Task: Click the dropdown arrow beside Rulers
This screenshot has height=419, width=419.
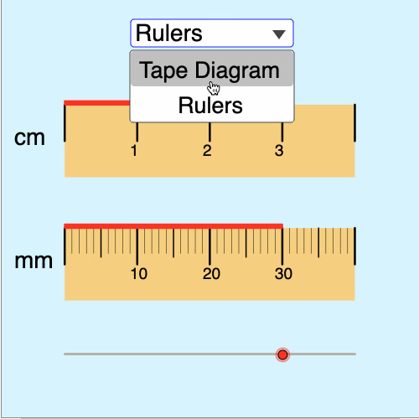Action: click(x=279, y=34)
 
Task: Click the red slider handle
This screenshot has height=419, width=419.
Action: click(x=282, y=354)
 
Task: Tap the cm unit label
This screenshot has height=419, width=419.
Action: click(x=29, y=137)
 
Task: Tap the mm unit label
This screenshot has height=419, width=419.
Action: click(x=34, y=261)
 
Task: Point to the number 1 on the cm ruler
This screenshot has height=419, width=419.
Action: click(x=134, y=151)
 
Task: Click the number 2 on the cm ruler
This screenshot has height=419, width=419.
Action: click(x=207, y=151)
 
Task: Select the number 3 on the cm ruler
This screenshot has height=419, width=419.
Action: click(x=279, y=151)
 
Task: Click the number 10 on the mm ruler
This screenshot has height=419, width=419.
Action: click(x=139, y=274)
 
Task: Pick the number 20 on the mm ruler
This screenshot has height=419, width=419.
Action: click(x=211, y=274)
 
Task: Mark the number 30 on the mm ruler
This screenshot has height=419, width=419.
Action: click(x=283, y=274)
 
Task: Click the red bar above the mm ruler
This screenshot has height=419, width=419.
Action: click(x=173, y=226)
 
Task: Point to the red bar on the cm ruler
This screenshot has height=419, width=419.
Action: click(x=97, y=103)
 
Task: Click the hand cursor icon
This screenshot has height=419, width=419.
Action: click(x=214, y=88)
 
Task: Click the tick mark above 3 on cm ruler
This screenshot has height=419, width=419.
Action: click(x=282, y=132)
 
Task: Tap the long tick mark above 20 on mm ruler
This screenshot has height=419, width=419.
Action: click(x=209, y=246)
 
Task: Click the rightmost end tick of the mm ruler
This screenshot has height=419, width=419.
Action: click(x=354, y=246)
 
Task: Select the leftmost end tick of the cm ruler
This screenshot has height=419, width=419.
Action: click(x=65, y=123)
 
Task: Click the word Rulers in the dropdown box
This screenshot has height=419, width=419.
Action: click(x=169, y=34)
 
